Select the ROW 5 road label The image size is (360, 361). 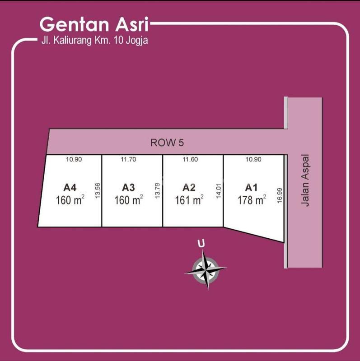pos(167,143)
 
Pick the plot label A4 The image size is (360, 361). pos(70,187)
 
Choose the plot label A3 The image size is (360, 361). pos(129,187)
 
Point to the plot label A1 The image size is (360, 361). pos(251,187)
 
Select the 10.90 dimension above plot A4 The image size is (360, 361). pos(73,159)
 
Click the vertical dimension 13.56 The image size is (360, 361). pos(97,190)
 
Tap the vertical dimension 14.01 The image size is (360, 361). pos(219,191)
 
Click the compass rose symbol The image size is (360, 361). pos(206,269)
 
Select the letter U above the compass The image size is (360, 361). pos(201,244)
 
